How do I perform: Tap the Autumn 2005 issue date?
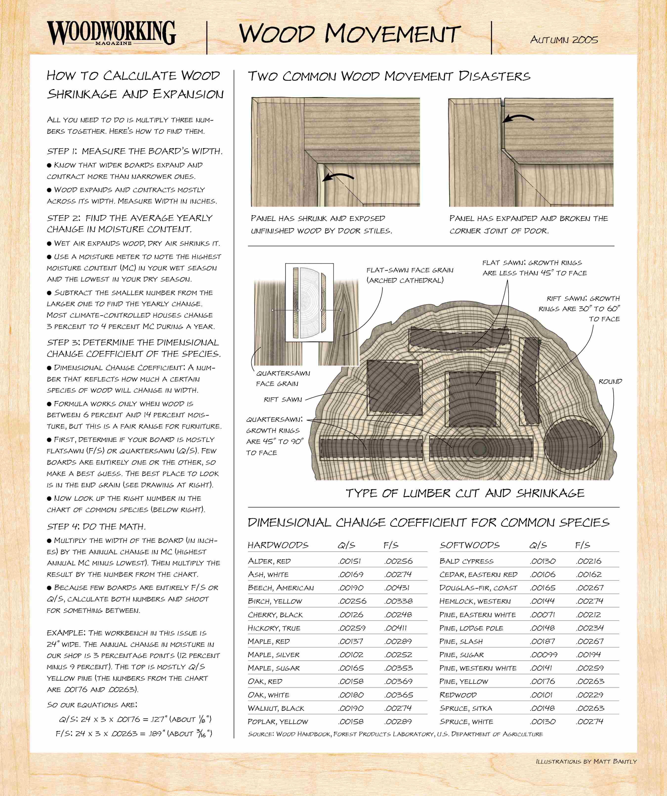(x=564, y=40)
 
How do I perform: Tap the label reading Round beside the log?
(x=610, y=381)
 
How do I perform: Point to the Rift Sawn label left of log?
(x=283, y=400)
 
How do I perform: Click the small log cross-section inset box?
(x=309, y=303)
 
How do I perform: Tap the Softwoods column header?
(x=470, y=545)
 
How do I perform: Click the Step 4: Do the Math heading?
(x=96, y=526)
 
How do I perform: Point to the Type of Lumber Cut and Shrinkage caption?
(x=465, y=493)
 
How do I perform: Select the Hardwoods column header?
(x=278, y=545)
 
